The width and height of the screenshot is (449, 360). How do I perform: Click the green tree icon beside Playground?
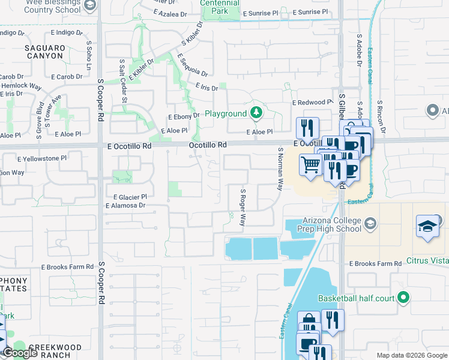256,113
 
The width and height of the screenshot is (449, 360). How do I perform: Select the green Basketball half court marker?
403,298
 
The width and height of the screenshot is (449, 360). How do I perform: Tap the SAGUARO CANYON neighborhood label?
44,52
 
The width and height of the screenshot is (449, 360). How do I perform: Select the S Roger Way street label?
243,207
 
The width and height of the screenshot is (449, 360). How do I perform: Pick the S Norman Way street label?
280,169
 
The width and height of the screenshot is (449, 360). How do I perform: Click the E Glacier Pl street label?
130,197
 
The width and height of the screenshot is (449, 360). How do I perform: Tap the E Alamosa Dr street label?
125,206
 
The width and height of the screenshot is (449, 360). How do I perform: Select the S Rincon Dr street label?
380,116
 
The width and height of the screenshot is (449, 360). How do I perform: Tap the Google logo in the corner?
20,353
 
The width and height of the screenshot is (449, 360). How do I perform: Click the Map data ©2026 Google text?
412,355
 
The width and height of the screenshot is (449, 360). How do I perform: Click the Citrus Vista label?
427,261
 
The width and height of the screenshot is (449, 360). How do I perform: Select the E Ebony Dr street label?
183,116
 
